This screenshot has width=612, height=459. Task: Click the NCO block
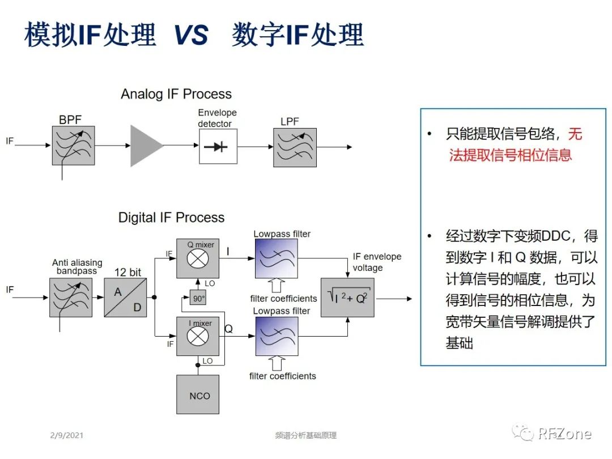pos(199,396)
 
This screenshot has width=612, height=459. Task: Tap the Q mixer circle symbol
pos(198,260)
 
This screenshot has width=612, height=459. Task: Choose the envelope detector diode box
pos(218,147)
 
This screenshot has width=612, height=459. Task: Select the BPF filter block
pos(73,146)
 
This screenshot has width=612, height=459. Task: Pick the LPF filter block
pos(295,147)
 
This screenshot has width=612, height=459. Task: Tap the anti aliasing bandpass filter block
pos(73,297)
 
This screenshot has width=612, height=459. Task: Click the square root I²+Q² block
pos(347,297)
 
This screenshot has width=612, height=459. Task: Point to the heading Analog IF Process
pos(176,94)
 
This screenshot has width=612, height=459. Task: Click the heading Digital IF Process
pos(171,218)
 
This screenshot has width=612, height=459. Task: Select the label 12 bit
pos(127,273)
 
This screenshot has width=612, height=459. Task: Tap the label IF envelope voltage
pos(376,262)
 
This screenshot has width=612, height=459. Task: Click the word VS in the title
pos(191,36)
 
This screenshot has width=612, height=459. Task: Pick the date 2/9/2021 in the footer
pos(66,435)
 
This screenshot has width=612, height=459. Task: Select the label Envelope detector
pos(217,118)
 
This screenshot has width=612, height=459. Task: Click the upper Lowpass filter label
pos(282,233)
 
